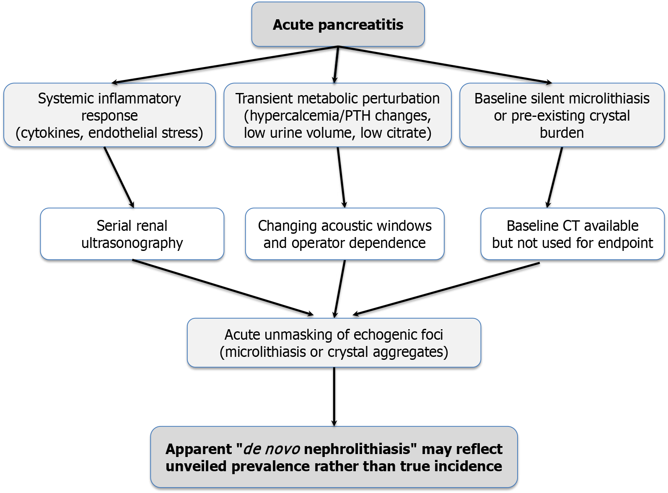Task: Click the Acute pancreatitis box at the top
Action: [x=338, y=24]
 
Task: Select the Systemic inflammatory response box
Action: [x=109, y=115]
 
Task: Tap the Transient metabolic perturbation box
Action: [x=337, y=115]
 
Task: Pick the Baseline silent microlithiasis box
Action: [x=562, y=115]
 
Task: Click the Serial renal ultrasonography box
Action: [x=132, y=234]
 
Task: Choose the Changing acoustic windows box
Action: [x=344, y=234]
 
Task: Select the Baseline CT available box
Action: [x=572, y=234]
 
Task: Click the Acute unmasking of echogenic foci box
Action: [x=334, y=343]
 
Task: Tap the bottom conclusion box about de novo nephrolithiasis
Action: [x=334, y=457]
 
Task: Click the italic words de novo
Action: [x=272, y=449]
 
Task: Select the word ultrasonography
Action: [x=132, y=243]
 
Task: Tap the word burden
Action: [x=562, y=133]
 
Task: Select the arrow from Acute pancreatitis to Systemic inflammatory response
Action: [x=225, y=65]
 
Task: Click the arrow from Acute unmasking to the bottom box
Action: [x=334, y=397]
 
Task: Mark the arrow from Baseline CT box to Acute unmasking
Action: [x=446, y=289]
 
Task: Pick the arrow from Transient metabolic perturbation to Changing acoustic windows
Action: [x=341, y=177]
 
